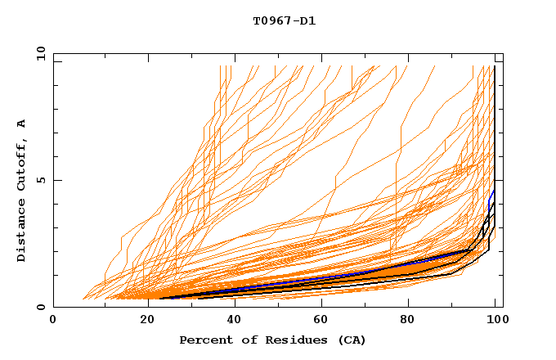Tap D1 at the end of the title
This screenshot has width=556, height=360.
pos(308,20)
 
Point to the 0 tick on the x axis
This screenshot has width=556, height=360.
pos(54,320)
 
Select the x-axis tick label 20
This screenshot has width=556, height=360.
pos(142,320)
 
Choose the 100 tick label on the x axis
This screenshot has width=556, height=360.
pos(495,320)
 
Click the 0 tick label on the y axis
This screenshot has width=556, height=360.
pos(40,308)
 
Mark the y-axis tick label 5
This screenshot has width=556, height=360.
pos(40,180)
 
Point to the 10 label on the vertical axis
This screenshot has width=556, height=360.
pos(38,53)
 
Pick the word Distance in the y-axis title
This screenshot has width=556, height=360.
pos(22,233)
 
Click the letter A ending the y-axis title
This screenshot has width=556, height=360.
pos(22,123)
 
